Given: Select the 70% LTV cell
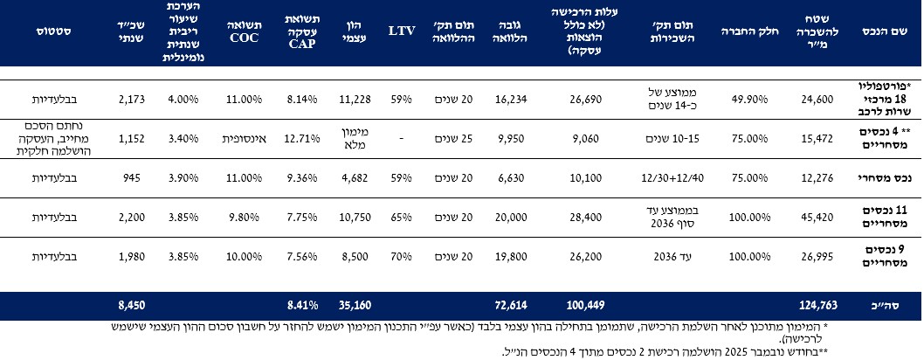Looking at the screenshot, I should [x=401, y=257].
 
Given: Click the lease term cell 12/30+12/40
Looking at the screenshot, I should [x=661, y=178].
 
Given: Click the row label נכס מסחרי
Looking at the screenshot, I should [x=889, y=178].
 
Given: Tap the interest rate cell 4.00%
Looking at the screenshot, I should [x=182, y=100].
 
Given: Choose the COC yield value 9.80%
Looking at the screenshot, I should [x=244, y=218].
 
